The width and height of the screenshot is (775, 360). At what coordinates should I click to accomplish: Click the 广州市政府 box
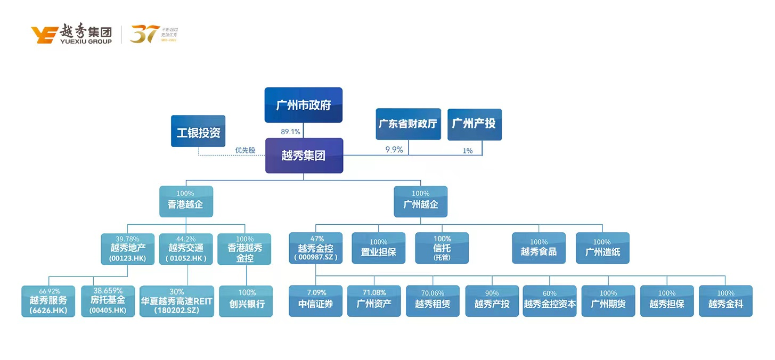pos(303,105)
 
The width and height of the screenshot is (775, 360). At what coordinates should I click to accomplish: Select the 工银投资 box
pos(198,131)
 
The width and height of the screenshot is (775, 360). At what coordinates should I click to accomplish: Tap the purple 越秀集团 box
pos(304,156)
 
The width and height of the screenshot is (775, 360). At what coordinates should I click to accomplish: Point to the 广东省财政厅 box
pos(408,124)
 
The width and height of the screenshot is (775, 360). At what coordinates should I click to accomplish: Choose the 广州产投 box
pos(474,124)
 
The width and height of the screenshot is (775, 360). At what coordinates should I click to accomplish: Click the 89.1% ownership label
pos(291,132)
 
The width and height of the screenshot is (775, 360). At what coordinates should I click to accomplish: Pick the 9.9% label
pos(394,150)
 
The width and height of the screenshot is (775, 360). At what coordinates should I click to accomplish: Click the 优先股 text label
pos(245,150)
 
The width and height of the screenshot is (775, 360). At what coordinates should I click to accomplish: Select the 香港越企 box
pos(186,201)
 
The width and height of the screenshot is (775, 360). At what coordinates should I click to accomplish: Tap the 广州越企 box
pos(420,201)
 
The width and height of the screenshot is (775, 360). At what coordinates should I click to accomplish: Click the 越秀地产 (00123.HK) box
pos(128,249)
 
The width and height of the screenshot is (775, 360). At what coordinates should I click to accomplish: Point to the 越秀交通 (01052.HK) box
pos(186,249)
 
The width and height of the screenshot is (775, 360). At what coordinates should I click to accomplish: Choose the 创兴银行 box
pos(246,301)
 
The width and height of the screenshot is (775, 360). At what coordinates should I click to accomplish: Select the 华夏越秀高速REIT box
pos(176,301)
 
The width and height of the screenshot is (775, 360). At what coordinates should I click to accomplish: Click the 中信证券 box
pos(315,301)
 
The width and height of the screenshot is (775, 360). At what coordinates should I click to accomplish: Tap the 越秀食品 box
pos(539,248)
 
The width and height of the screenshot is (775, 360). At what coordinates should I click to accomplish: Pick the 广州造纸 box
pos(602,248)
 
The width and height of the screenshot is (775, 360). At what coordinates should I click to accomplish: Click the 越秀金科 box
pos(725,301)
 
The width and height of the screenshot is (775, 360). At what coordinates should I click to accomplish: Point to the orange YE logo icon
pos(44,35)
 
